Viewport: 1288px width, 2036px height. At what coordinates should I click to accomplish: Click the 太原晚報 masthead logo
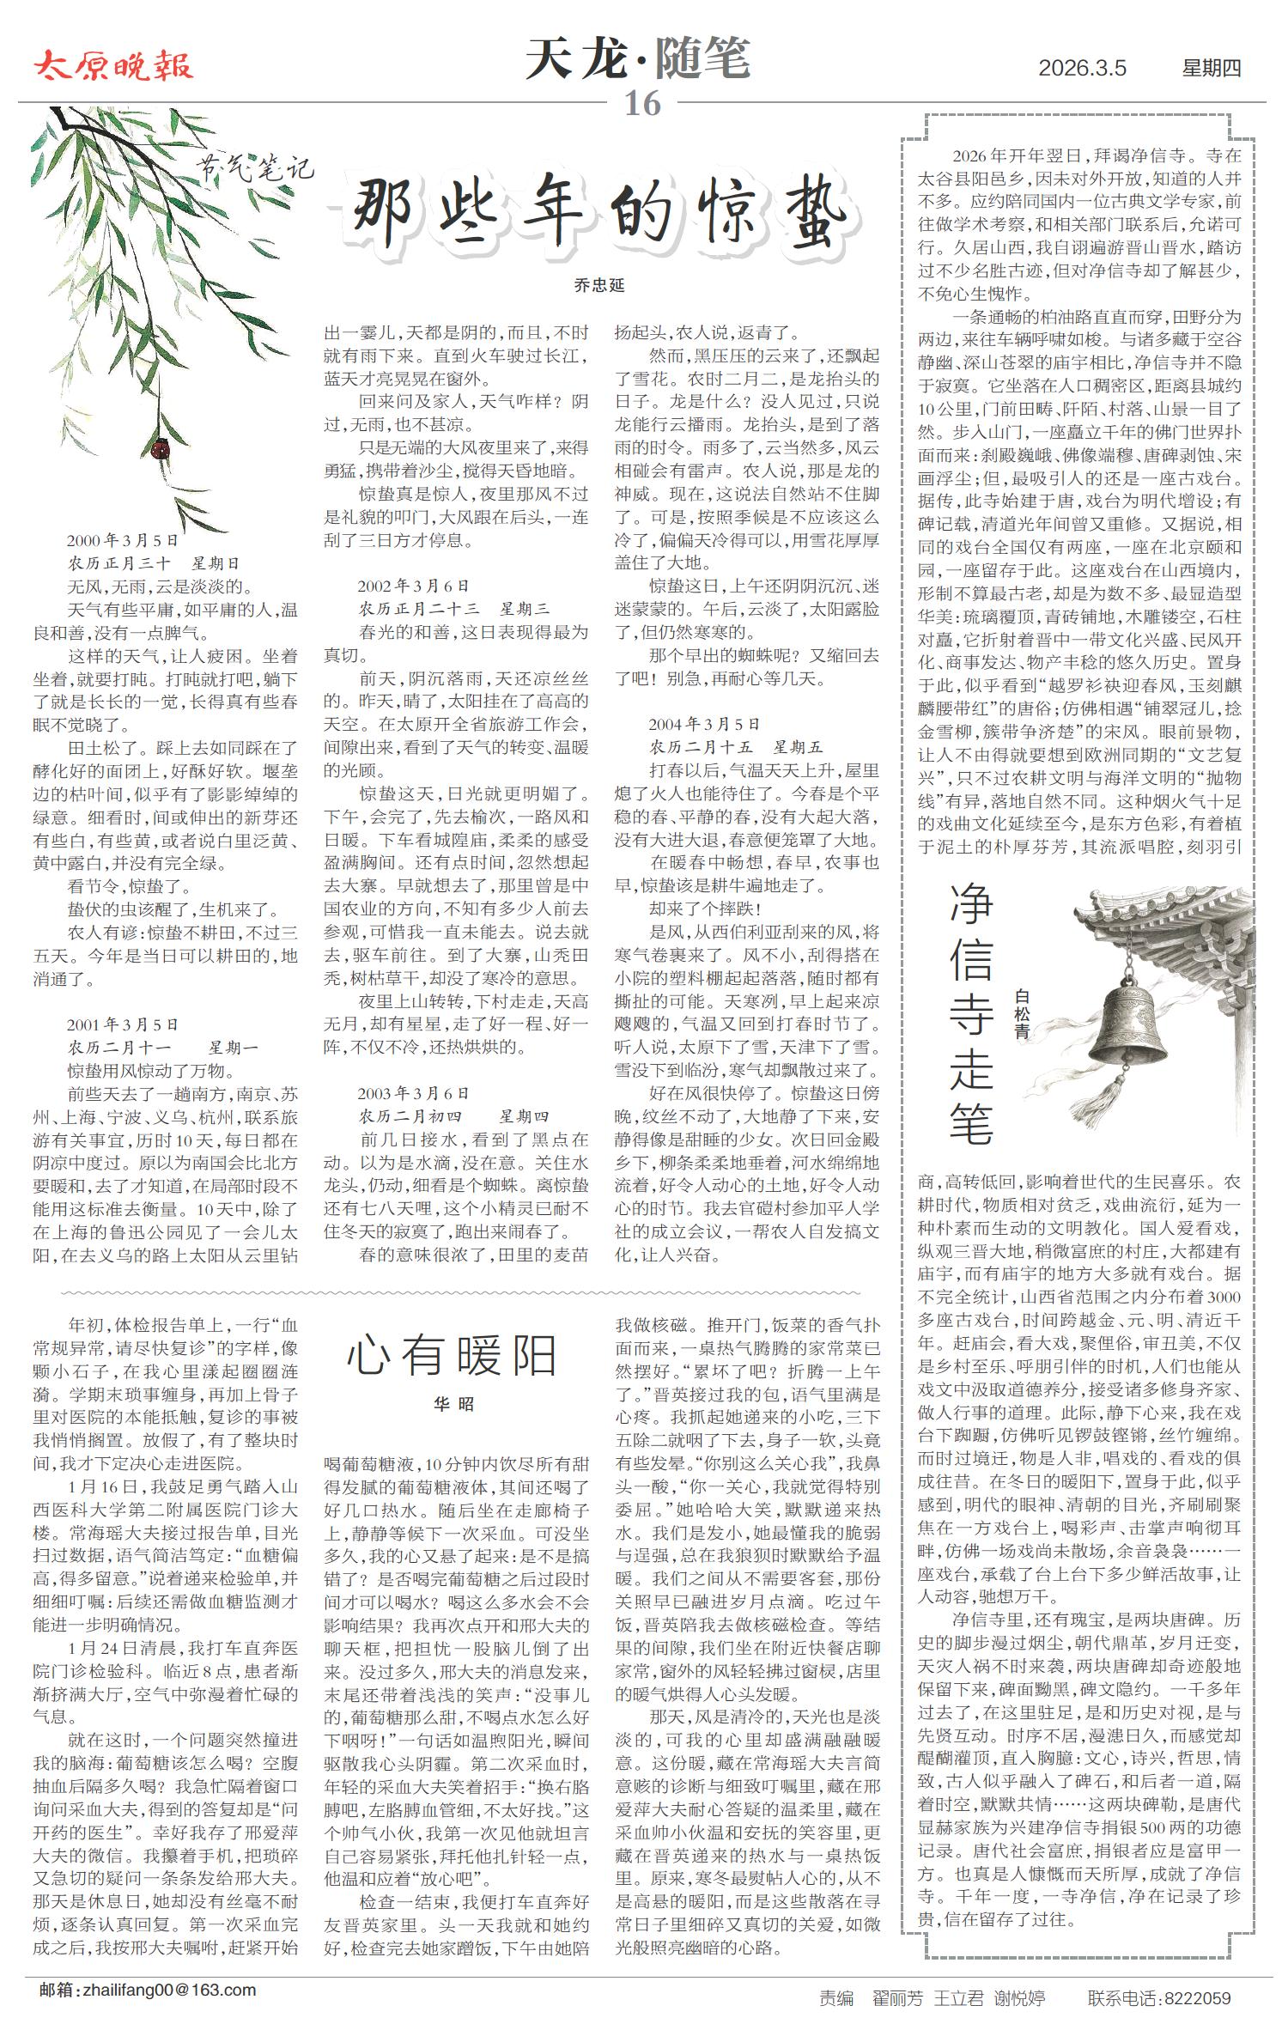coord(113,66)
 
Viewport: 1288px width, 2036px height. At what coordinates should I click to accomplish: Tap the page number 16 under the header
coord(642,104)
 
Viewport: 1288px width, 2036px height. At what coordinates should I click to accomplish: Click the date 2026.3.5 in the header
coord(1082,69)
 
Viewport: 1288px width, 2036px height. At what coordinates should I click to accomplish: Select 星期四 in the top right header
coord(1212,69)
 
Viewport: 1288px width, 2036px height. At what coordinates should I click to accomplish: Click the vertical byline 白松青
coord(1022,1014)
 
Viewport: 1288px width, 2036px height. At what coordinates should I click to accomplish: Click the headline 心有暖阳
coord(453,1356)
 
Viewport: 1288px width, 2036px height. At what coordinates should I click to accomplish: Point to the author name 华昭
coord(453,1405)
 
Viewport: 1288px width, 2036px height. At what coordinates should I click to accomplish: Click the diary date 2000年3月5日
coord(123,541)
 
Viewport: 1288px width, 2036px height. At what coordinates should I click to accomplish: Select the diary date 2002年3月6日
coord(414,586)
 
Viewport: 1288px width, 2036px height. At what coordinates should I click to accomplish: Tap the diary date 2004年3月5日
coord(704,724)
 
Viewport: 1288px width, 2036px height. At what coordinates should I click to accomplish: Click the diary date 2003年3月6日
coord(414,1093)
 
